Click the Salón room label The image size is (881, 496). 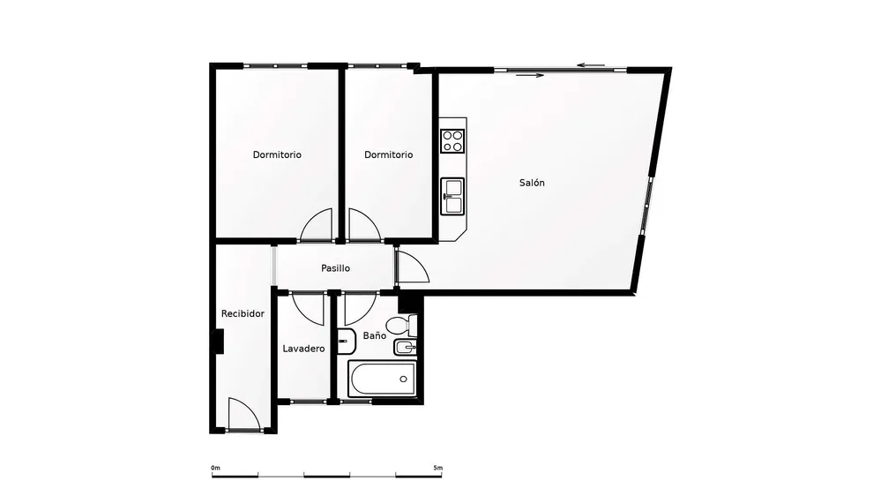[x=532, y=183]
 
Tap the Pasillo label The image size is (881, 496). [x=335, y=268]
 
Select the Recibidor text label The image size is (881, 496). [x=243, y=314]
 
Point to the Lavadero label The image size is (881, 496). [x=303, y=349]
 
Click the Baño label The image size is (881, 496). [x=374, y=335]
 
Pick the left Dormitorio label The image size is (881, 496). [x=277, y=154]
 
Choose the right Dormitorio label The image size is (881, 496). [x=388, y=154]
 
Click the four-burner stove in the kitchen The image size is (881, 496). [x=452, y=141]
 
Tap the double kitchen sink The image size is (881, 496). [x=452, y=196]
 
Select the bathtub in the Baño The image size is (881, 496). [x=383, y=379]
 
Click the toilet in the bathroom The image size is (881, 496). [x=402, y=326]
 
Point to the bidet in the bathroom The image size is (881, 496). [x=406, y=348]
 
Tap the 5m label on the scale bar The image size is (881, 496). [x=438, y=468]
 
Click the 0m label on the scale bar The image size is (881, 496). [x=216, y=468]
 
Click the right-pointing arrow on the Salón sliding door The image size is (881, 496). [x=529, y=75]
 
